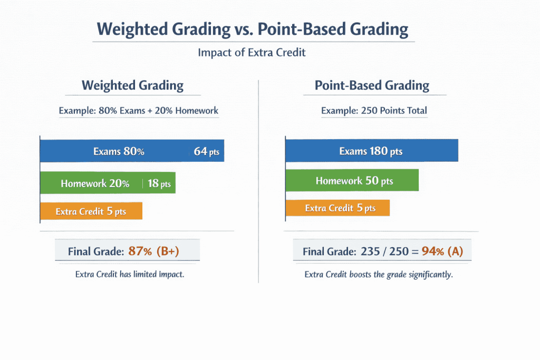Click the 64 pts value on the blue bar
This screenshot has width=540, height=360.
(x=206, y=152)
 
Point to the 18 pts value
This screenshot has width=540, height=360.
(x=159, y=184)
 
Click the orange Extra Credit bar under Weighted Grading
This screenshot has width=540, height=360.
(x=91, y=211)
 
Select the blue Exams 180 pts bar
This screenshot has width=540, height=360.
(x=371, y=151)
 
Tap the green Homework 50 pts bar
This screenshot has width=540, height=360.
(x=352, y=181)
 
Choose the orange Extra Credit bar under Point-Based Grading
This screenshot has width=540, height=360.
(x=337, y=208)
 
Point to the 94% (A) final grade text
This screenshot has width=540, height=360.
(x=442, y=251)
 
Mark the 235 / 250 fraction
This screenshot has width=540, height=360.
(x=384, y=251)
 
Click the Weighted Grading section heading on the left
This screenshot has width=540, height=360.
(x=132, y=85)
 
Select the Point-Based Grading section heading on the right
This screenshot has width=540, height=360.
(x=372, y=85)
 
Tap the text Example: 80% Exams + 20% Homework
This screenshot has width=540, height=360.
(x=139, y=111)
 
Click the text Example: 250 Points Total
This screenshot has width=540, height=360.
(x=374, y=111)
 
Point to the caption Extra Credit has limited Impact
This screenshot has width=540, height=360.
(x=130, y=274)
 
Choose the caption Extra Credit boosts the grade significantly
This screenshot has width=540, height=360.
(x=379, y=275)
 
